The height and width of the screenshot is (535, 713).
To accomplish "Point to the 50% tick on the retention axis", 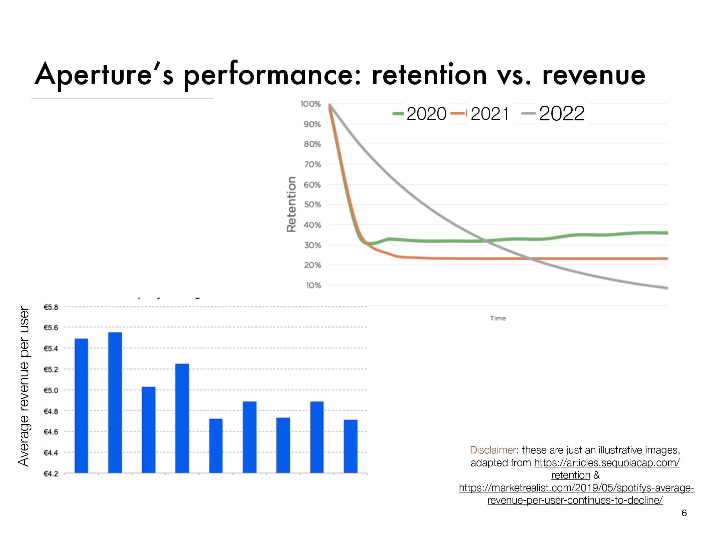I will [x=312, y=205].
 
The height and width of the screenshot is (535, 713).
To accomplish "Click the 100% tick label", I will [x=310, y=104].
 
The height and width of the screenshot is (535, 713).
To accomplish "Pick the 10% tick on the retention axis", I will [x=313, y=286].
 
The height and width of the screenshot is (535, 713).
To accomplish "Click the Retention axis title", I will [x=292, y=204].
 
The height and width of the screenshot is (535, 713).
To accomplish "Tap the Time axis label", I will [x=498, y=318].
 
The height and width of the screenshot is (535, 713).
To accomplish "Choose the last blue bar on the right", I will [x=350, y=446].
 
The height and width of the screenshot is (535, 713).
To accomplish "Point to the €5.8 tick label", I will [x=51, y=307].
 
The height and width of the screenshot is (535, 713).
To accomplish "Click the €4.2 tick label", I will [x=51, y=474].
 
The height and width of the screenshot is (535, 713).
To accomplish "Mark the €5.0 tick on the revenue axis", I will [x=51, y=391].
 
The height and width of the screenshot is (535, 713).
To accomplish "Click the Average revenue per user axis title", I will [x=24, y=386].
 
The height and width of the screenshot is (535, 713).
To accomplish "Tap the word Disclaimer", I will [x=493, y=450].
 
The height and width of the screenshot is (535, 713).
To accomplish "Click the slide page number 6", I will [x=684, y=513].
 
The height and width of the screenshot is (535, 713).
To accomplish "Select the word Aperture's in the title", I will [x=104, y=74].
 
